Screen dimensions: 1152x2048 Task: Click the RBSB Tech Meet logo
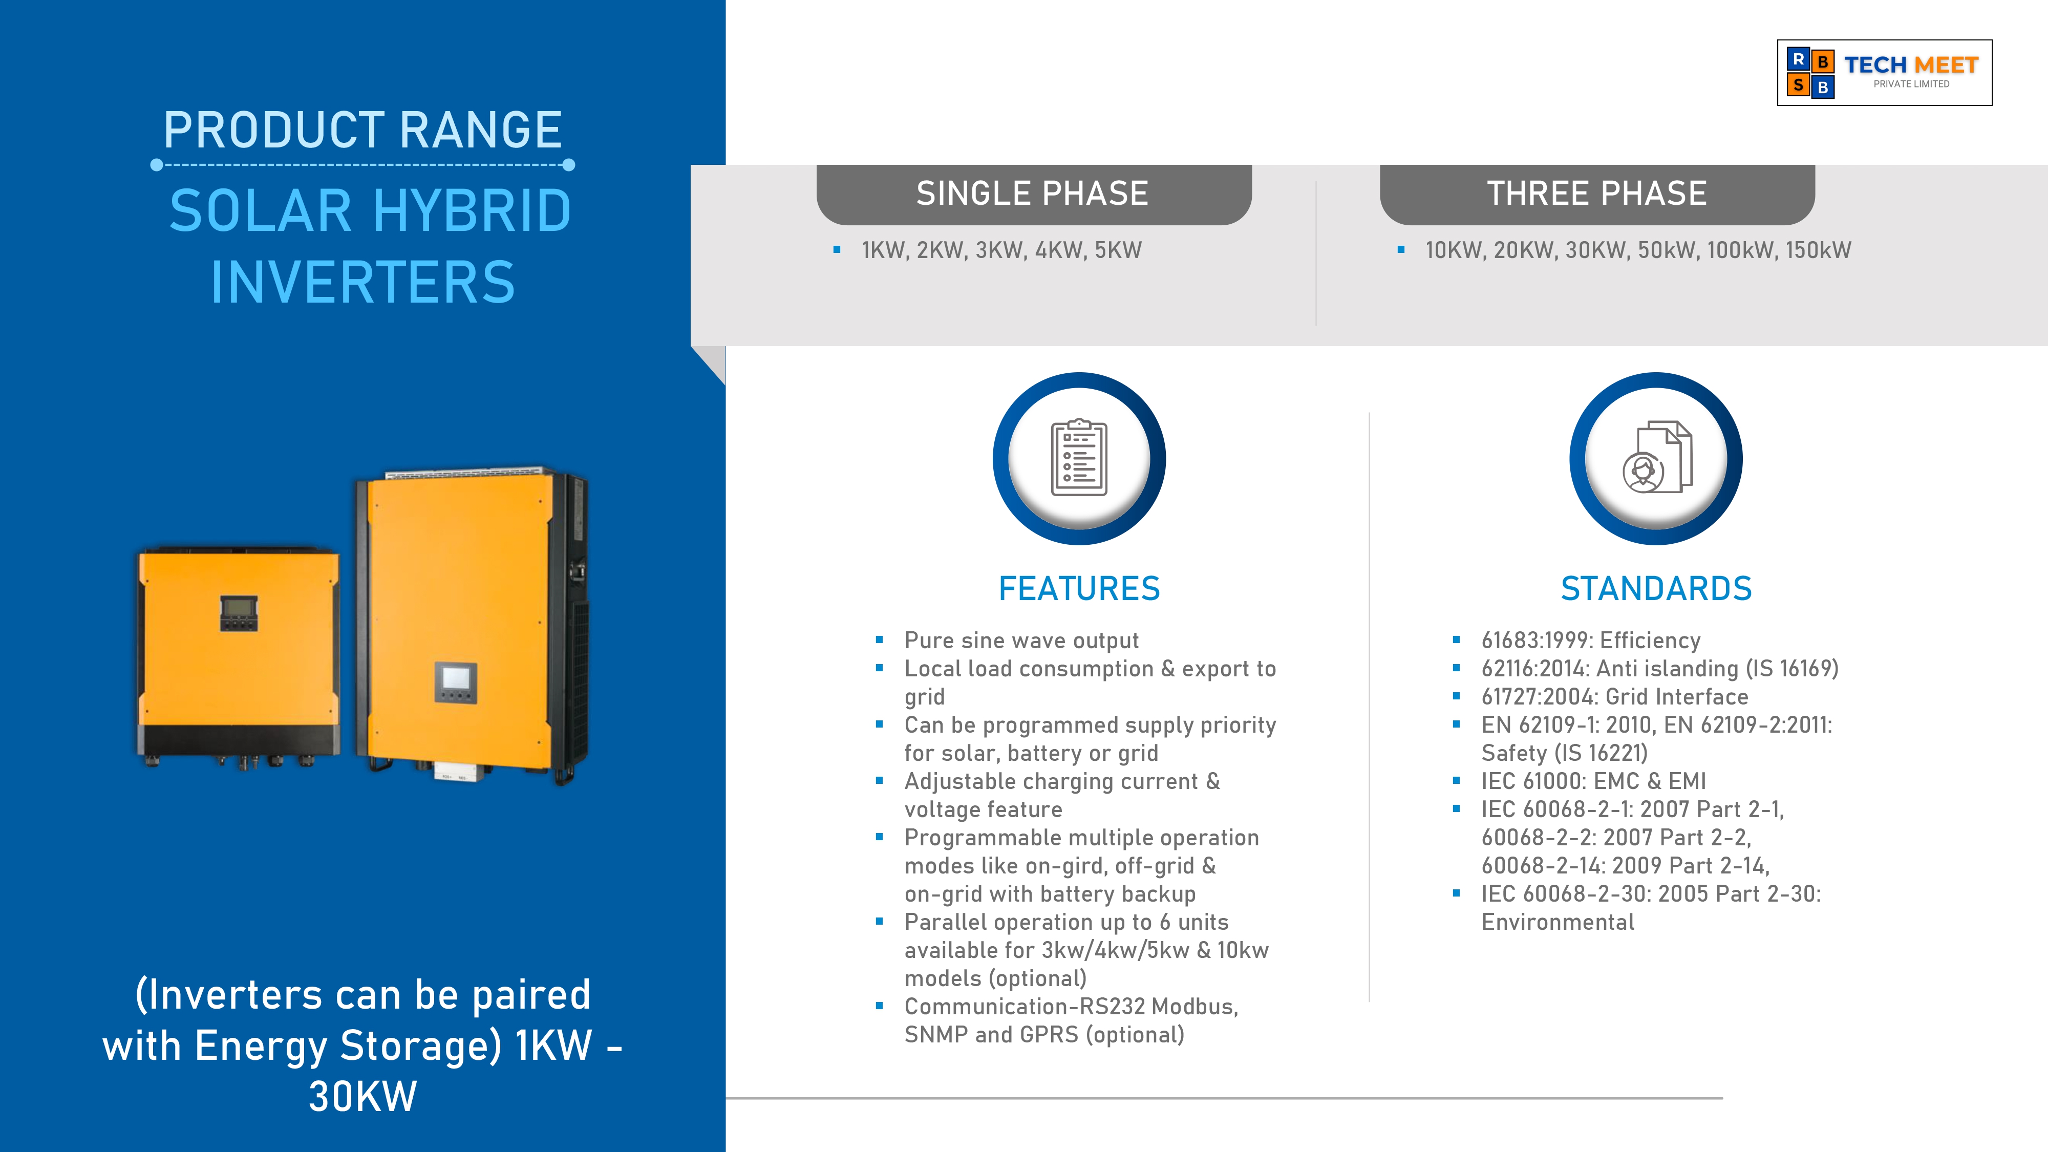(1884, 72)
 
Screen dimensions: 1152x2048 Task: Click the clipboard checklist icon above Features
(1079, 458)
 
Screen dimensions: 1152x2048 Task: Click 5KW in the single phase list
(1118, 250)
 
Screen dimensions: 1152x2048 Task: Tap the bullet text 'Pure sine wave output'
(1021, 641)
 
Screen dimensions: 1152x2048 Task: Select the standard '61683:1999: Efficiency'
(1590, 641)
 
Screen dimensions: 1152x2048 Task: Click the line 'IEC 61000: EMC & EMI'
(1593, 781)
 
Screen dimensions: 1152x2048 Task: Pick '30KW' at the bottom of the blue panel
(362, 1097)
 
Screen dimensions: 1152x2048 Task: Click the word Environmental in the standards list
(1558, 922)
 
